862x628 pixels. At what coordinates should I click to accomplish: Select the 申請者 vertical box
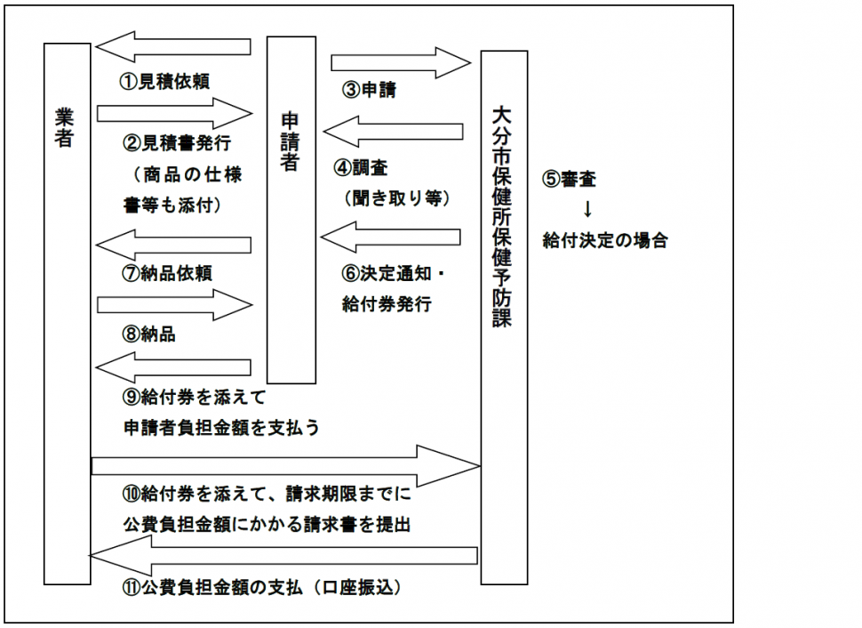point(291,210)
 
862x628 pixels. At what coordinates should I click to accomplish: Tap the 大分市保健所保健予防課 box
point(504,317)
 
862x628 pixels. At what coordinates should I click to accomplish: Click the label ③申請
point(368,90)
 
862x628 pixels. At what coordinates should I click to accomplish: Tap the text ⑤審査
point(569,179)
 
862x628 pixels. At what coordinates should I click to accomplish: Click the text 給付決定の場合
point(604,240)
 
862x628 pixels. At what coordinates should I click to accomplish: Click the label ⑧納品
point(148,335)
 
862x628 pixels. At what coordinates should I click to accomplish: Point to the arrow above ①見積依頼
point(173,47)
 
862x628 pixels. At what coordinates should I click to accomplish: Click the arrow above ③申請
point(400,62)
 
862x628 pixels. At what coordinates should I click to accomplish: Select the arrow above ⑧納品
point(174,305)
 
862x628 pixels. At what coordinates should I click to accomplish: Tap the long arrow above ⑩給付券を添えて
point(284,463)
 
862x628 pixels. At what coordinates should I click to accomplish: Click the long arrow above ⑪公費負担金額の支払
point(284,556)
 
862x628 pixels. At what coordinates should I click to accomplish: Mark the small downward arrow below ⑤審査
point(587,210)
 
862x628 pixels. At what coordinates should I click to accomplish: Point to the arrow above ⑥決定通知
point(391,238)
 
